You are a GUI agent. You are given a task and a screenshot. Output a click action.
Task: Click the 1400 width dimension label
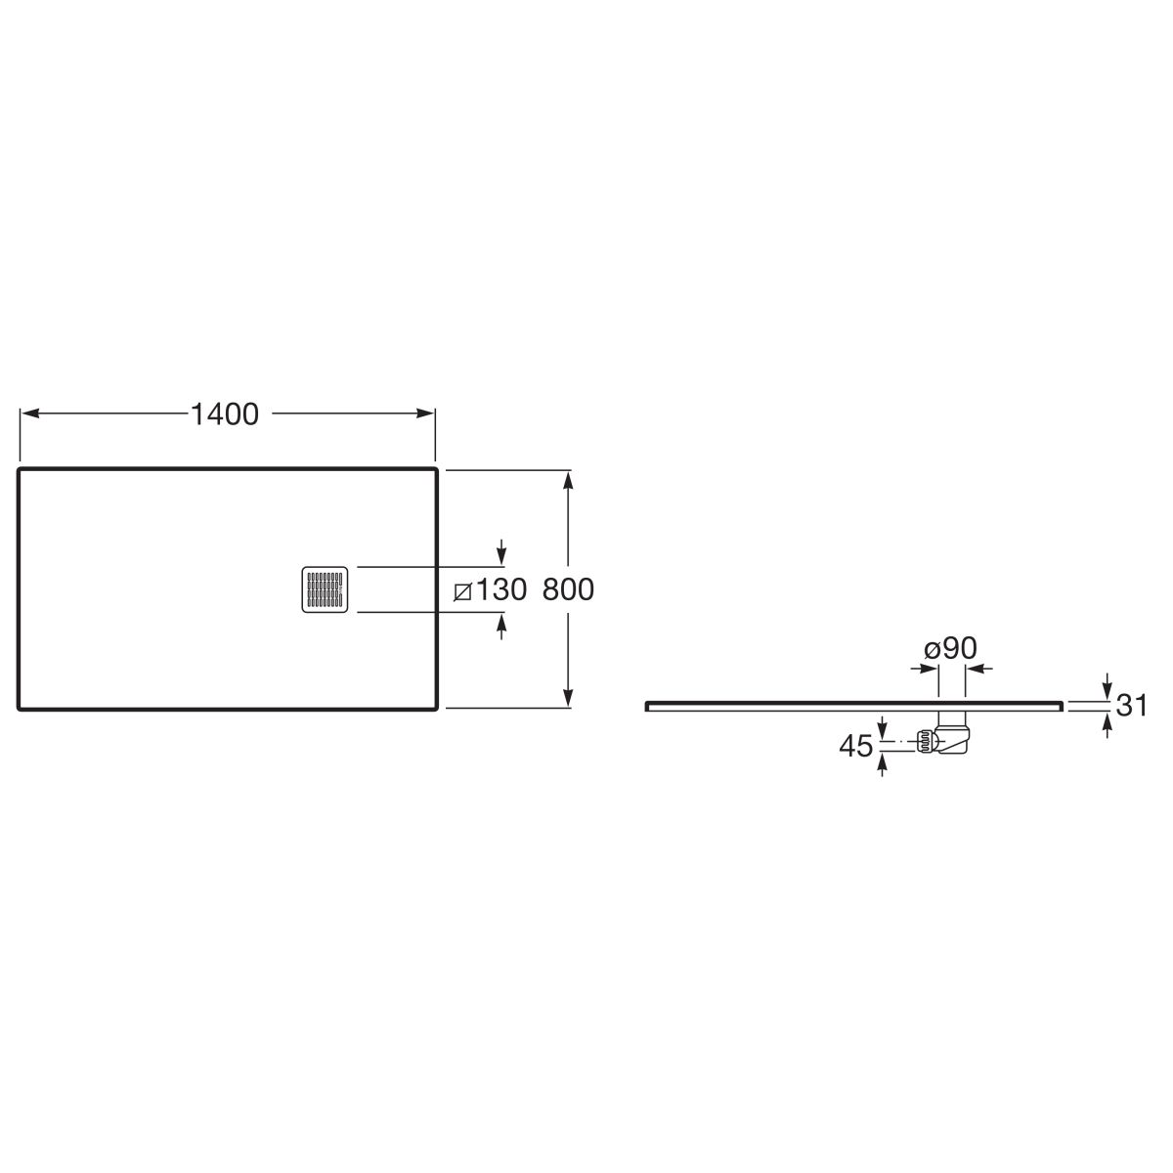225,413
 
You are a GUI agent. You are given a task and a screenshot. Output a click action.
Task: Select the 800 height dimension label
567,589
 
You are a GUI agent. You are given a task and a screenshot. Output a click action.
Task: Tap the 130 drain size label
500,589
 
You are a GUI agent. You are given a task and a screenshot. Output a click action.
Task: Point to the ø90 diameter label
950,648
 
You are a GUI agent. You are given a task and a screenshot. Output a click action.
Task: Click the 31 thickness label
1132,705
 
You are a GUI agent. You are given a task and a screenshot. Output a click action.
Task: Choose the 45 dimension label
856,746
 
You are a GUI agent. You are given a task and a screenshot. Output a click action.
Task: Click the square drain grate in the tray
326,589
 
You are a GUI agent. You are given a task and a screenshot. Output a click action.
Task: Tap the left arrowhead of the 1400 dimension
30,413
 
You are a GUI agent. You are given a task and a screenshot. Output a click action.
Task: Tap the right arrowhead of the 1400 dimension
425,413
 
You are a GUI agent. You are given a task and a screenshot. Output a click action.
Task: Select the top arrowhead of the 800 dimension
568,480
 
